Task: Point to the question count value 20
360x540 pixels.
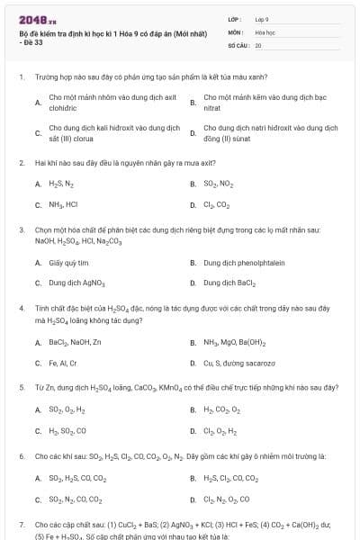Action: (x=258, y=44)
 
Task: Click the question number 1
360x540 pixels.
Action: (x=21, y=76)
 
